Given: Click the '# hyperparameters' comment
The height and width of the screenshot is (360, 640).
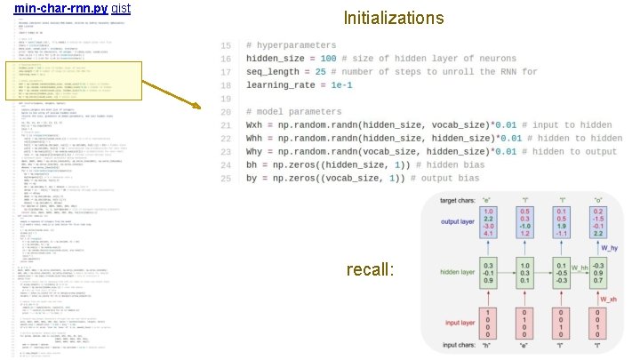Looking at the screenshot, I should click(300, 44).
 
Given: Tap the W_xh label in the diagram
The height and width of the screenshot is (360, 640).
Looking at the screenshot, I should click(609, 300).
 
